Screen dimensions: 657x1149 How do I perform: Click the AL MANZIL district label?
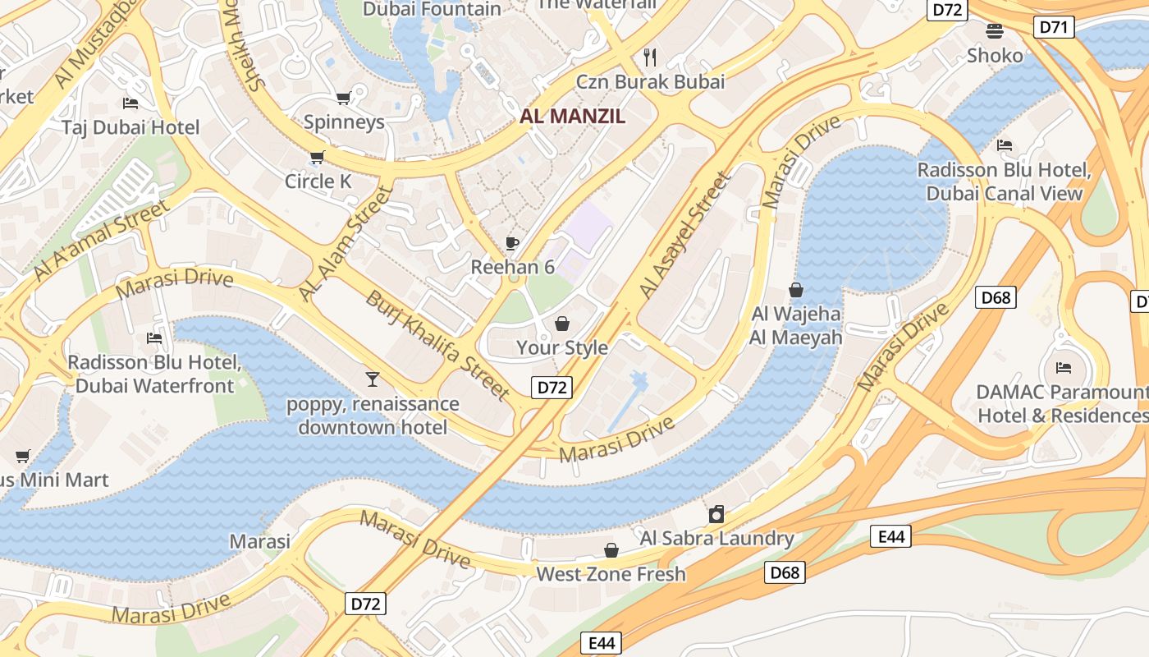[x=572, y=116]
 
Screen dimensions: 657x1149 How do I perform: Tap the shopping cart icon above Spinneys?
[x=343, y=98]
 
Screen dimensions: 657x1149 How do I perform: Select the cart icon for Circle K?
[x=317, y=157]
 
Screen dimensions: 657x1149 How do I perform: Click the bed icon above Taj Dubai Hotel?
[x=130, y=103]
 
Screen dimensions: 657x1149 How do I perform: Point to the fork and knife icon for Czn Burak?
[x=650, y=57]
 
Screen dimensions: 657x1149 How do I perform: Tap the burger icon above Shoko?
[x=995, y=31]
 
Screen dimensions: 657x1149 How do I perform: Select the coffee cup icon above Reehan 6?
[x=512, y=243]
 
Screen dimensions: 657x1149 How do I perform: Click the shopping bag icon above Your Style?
[x=562, y=324]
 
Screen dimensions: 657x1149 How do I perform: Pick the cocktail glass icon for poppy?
[x=373, y=379]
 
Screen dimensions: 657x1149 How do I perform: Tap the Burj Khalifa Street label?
[x=438, y=345]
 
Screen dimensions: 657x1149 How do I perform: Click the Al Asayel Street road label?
[x=684, y=236]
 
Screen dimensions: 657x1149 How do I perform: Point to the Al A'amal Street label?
[x=102, y=239]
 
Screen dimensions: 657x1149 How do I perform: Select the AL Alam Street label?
[x=345, y=243]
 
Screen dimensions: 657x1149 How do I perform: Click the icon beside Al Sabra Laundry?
[x=716, y=514]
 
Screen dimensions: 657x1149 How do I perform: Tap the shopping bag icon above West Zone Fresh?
[x=611, y=549]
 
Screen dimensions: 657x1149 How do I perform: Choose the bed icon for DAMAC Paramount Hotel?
[x=1064, y=367]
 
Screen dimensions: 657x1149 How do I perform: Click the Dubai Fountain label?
[x=432, y=9]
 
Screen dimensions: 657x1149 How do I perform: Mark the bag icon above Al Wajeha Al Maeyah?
[x=795, y=290]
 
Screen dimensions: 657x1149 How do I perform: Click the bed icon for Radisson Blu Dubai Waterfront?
[x=153, y=338]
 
